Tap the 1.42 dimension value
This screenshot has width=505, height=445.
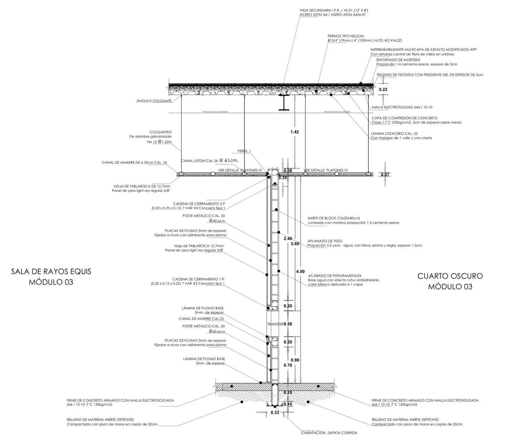tap(294, 132)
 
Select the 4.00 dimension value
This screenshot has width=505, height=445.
tap(300, 271)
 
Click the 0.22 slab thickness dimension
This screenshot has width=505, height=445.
tap(383, 90)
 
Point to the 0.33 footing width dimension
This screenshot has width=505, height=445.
tap(275, 412)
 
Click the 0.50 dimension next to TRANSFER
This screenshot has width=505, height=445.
tap(288, 324)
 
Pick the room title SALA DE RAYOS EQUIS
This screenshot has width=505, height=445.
tap(51, 271)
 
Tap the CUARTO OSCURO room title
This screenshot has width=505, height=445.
tap(450, 276)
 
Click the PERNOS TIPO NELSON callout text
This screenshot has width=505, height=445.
tap(345, 36)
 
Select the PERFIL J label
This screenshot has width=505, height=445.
tap(244, 151)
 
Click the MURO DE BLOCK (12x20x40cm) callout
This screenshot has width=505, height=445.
tap(333, 218)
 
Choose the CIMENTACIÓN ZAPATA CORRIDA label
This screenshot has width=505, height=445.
tap(329, 433)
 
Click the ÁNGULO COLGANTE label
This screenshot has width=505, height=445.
tap(154, 101)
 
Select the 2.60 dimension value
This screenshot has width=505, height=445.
tap(295, 243)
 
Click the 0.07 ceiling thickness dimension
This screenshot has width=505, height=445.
tap(385, 174)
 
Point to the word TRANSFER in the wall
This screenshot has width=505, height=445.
tap(275, 324)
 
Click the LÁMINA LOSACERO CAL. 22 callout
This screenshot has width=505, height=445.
tap(394, 133)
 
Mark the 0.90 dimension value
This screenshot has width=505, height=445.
tap(295, 360)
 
